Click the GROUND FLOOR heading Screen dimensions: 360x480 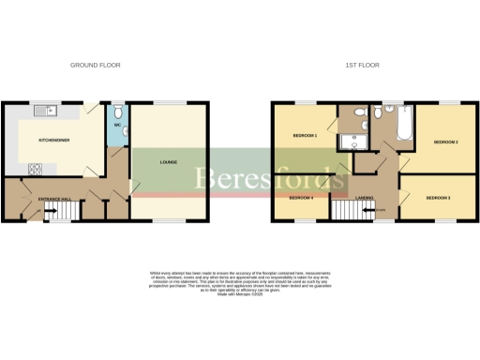pyautogui.click(x=96, y=65)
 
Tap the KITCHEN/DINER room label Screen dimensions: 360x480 pyautogui.click(x=52, y=140)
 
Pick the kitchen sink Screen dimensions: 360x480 pyautogui.click(x=45, y=112)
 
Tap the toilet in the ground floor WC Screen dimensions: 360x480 pyautogui.click(x=118, y=108)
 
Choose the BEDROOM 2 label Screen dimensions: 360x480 pyautogui.click(x=444, y=142)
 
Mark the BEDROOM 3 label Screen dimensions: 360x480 pyautogui.click(x=438, y=199)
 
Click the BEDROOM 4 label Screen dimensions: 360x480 pyautogui.click(x=301, y=198)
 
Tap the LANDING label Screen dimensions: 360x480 pyautogui.click(x=367, y=198)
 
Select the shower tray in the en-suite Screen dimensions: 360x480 pyautogui.click(x=353, y=143)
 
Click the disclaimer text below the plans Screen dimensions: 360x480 pyautogui.click(x=239, y=281)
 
